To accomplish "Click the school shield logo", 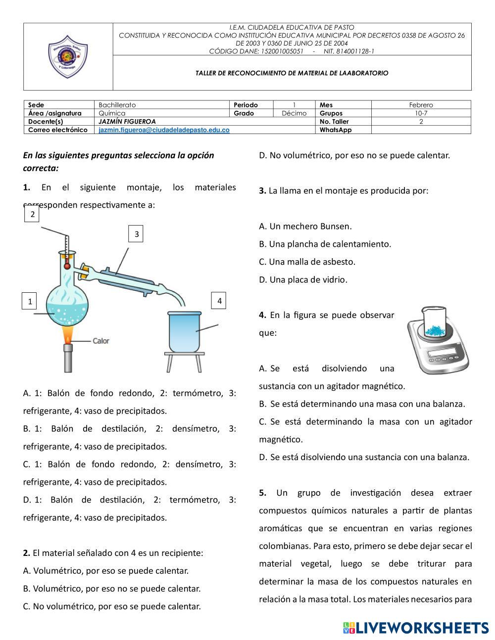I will (68, 56).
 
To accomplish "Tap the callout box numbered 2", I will (32, 214).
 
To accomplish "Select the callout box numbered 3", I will (136, 234).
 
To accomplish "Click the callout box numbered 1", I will (30, 301).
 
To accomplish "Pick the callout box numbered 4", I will (219, 300).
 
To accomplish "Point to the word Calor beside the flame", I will (101, 341).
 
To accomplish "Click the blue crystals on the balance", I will (435, 330).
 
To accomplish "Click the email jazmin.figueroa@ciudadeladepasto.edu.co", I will (164, 130).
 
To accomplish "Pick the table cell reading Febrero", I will (421, 105).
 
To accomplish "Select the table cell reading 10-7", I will (421, 113).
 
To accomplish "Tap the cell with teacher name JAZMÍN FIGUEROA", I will (127, 122).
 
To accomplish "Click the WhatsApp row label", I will (336, 130).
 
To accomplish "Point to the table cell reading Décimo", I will (294, 113).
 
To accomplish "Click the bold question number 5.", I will (263, 493).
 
